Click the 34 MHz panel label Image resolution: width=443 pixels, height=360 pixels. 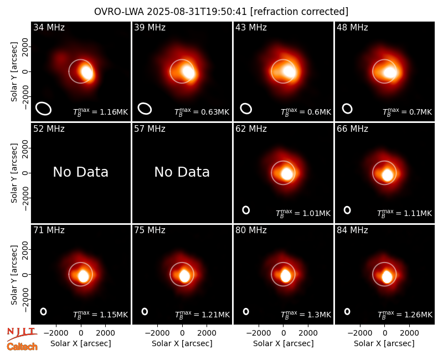coord(49,27)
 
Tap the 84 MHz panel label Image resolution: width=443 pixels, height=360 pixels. coord(352,230)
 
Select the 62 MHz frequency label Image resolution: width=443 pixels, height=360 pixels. coord(251,129)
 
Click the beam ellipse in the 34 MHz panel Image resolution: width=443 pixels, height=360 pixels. coord(43,109)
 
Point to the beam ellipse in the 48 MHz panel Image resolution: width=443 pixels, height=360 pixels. coord(347,109)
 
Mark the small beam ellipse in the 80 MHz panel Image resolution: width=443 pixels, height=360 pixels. coord(246,311)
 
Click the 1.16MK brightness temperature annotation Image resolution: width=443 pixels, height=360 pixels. coord(101,112)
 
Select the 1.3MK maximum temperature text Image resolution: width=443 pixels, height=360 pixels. coord(306,314)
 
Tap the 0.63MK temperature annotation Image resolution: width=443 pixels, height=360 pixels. coord(202,112)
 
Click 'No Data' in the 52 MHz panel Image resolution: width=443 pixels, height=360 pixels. coord(81,172)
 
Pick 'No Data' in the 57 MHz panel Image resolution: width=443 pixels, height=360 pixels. coord(182,172)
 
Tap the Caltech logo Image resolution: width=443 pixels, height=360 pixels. coord(22,347)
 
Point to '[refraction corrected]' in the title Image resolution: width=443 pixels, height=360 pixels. coord(300,12)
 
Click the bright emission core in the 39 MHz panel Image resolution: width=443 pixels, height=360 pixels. coord(188,72)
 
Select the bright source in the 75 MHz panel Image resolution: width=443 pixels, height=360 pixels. coord(184,276)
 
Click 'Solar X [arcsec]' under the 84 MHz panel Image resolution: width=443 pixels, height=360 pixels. coord(384,343)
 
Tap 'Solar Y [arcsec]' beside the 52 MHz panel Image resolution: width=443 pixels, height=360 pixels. coord(14,173)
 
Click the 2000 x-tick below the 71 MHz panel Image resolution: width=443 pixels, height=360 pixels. coord(105,333)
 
